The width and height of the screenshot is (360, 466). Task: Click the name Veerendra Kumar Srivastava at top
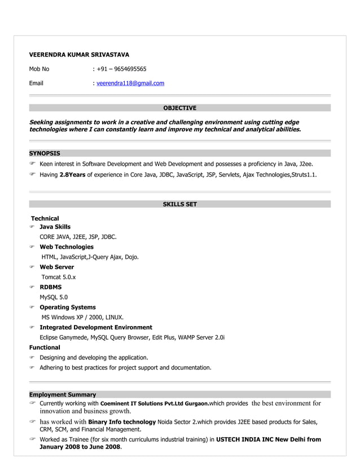pyautogui.click(x=79, y=55)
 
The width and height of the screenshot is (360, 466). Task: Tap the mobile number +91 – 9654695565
pyautogui.click(x=121, y=69)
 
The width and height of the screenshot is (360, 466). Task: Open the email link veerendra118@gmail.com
pyautogui.click(x=130, y=83)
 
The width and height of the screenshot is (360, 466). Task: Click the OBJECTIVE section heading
pyautogui.click(x=179, y=108)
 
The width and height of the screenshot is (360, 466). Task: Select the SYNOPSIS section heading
pyautogui.click(x=45, y=153)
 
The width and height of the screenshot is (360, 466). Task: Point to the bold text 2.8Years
pyautogui.click(x=72, y=175)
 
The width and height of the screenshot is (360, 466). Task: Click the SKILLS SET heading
pyautogui.click(x=179, y=204)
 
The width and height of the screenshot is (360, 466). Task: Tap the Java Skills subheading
pyautogui.click(x=55, y=227)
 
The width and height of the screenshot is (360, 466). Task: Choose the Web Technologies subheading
pyautogui.click(x=67, y=247)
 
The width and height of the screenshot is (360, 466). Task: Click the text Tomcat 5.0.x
pyautogui.click(x=59, y=277)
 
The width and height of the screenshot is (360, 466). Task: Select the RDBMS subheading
pyautogui.click(x=50, y=287)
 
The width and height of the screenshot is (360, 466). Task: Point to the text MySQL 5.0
pyautogui.click(x=54, y=297)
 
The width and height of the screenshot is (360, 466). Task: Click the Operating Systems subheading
pyautogui.click(x=67, y=307)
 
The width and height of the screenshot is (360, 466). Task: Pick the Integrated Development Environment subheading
pyautogui.click(x=95, y=327)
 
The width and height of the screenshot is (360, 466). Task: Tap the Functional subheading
pyautogui.click(x=45, y=348)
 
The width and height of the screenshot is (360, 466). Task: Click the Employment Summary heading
pyautogui.click(x=63, y=394)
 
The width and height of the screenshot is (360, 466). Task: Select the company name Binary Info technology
pyautogui.click(x=122, y=422)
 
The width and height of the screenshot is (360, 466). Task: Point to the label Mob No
pyautogui.click(x=39, y=69)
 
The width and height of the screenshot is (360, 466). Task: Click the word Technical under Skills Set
pyautogui.click(x=45, y=218)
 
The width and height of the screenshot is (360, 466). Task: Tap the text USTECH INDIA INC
pyautogui.click(x=245, y=439)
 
